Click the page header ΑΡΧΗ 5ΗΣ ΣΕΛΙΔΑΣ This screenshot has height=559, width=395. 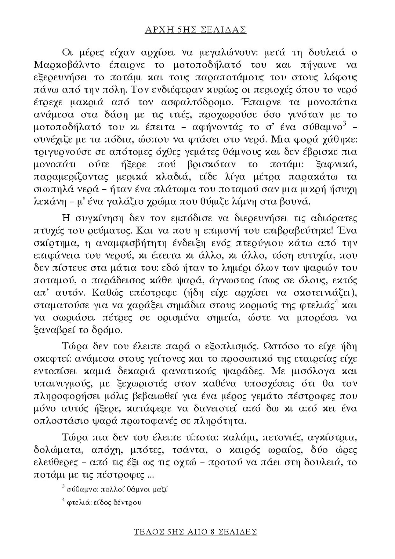pyautogui.click(x=196, y=30)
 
